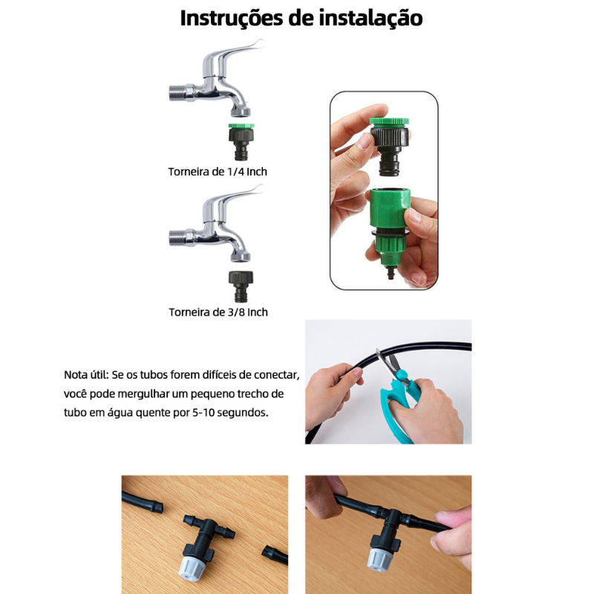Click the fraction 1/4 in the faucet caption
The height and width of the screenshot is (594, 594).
click(x=235, y=172)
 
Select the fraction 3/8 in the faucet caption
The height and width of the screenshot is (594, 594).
click(x=236, y=312)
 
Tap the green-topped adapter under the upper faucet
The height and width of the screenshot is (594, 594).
click(x=241, y=142)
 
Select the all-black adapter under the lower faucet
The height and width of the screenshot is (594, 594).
click(x=241, y=286)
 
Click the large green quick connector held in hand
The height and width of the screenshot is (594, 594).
click(x=388, y=226)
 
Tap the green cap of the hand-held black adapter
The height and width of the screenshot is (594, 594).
click(x=389, y=123)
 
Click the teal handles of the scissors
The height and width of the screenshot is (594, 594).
click(x=399, y=408)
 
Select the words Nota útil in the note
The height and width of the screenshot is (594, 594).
click(x=86, y=375)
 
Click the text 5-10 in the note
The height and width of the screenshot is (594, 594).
click(x=203, y=412)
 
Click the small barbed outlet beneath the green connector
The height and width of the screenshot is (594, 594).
click(x=389, y=272)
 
